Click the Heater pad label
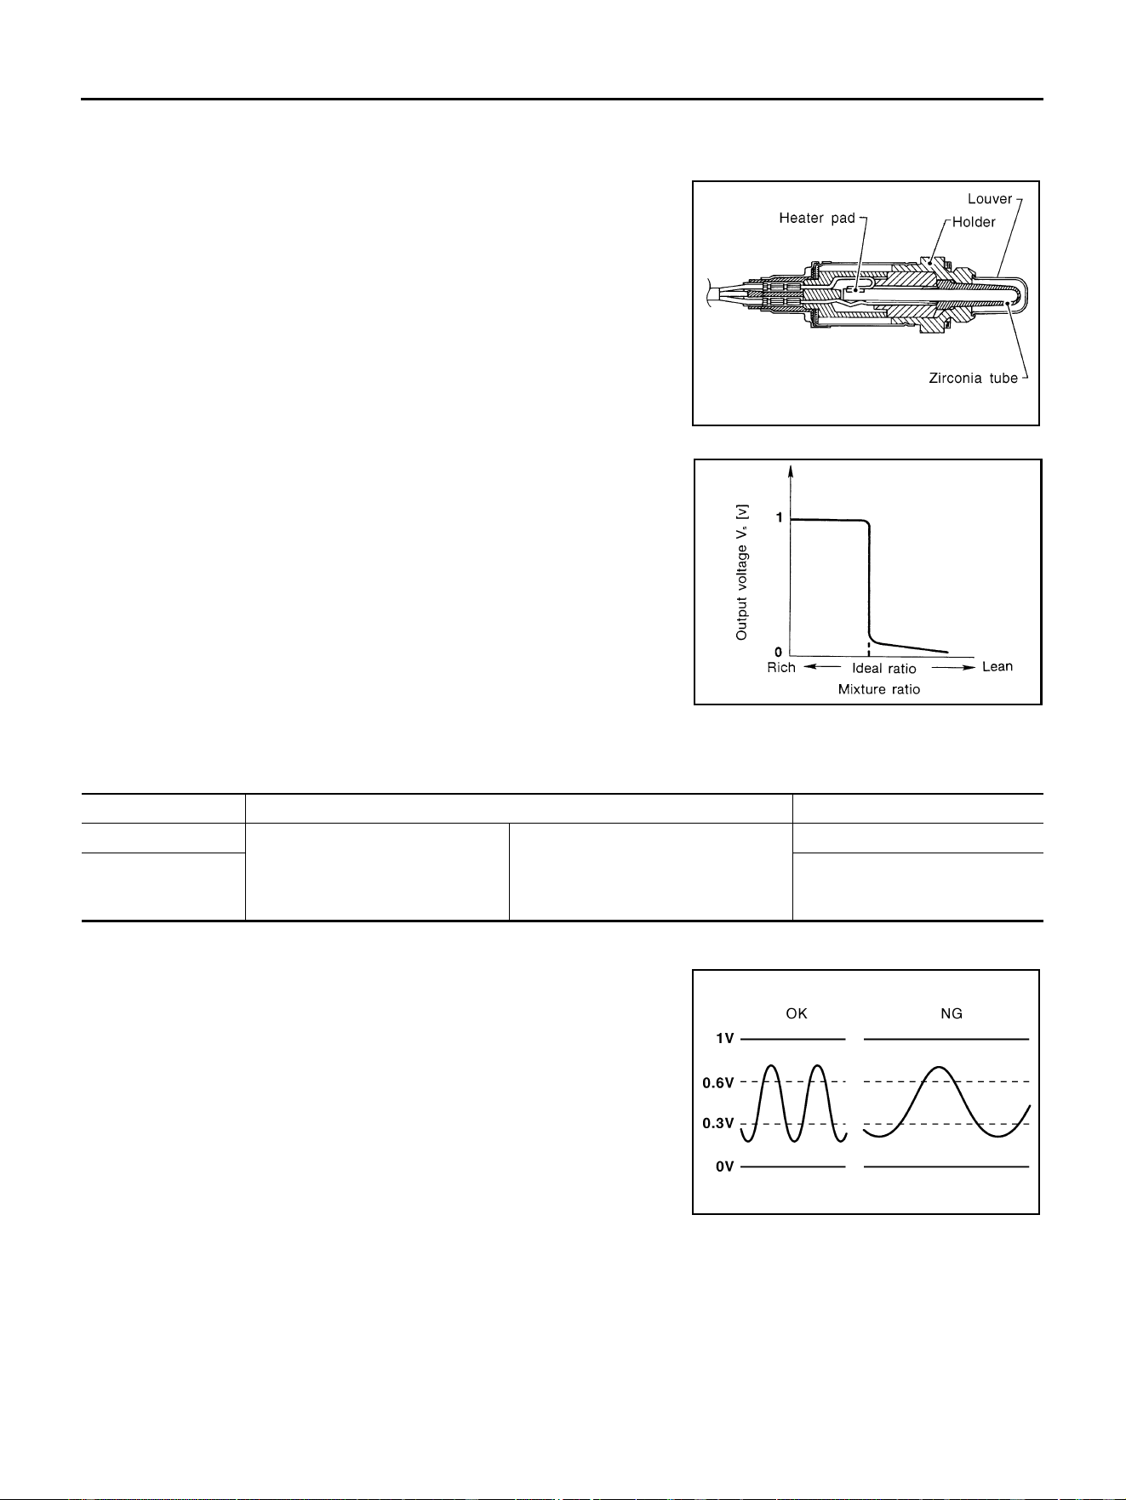(817, 219)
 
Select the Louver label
(990, 199)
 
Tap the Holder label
(975, 222)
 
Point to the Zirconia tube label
(973, 378)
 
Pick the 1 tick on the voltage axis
(779, 518)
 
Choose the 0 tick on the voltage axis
(779, 653)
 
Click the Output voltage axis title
(742, 572)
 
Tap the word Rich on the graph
(781, 667)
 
